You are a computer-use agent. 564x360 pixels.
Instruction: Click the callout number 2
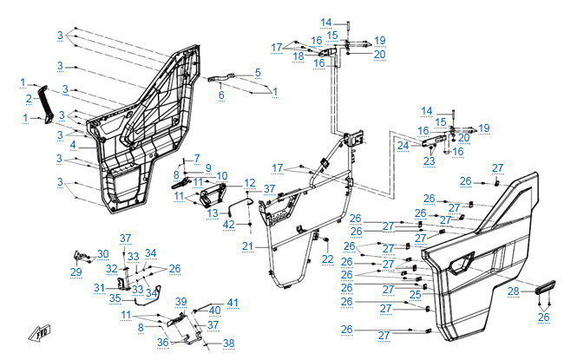coord(29,98)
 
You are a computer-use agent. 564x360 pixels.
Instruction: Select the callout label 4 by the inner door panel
coord(74,144)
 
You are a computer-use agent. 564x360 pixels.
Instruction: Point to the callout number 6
coord(221,95)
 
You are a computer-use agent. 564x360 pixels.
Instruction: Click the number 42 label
coord(229,224)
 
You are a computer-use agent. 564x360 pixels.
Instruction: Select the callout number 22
coord(327,259)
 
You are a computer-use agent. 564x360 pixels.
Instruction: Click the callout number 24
coord(403,146)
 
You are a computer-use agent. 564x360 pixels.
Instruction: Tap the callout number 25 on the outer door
coord(416,295)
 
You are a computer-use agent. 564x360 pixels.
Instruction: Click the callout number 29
coord(75,272)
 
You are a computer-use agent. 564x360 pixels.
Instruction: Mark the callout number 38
coord(229,344)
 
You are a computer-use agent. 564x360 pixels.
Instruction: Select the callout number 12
coord(249,183)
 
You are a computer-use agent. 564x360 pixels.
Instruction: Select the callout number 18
coord(298,56)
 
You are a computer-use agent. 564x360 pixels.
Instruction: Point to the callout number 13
coord(212,212)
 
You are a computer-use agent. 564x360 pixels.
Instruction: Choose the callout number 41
coord(233,302)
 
